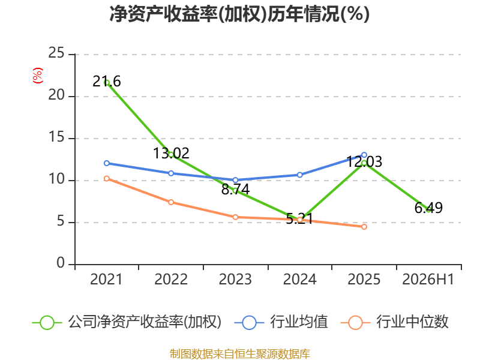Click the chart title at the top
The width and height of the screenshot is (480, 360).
point(239,14)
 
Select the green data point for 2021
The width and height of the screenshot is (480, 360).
point(107,83)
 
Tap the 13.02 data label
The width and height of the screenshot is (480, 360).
point(171,153)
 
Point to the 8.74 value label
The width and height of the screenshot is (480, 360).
point(235,189)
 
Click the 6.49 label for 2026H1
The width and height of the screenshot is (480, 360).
point(428,208)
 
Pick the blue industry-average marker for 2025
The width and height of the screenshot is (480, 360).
point(364,155)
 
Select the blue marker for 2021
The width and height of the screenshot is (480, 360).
point(107,163)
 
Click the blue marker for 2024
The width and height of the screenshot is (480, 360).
point(299,175)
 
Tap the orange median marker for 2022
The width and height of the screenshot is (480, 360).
point(171,202)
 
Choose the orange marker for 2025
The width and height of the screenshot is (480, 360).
point(364,227)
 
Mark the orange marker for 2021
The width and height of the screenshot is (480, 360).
point(107,178)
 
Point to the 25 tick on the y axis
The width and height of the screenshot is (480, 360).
point(56,53)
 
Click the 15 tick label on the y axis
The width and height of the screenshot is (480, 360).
point(56,137)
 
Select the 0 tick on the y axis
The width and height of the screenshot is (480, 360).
point(61,263)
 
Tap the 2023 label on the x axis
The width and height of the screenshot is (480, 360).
point(235,279)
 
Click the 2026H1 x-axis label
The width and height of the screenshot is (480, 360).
point(428,279)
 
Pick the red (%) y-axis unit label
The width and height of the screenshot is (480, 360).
point(38,76)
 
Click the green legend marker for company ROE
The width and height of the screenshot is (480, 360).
point(47,323)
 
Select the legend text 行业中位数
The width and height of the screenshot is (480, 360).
point(412,322)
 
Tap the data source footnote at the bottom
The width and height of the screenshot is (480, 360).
point(240,354)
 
